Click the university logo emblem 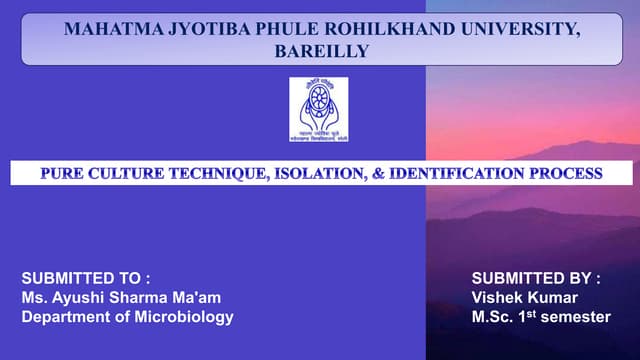coord(319,110)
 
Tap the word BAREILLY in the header coord(321,51)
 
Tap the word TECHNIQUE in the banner coord(218,174)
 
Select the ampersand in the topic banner coord(380,174)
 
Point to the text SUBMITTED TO coord(86,277)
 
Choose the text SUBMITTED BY coord(536,277)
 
